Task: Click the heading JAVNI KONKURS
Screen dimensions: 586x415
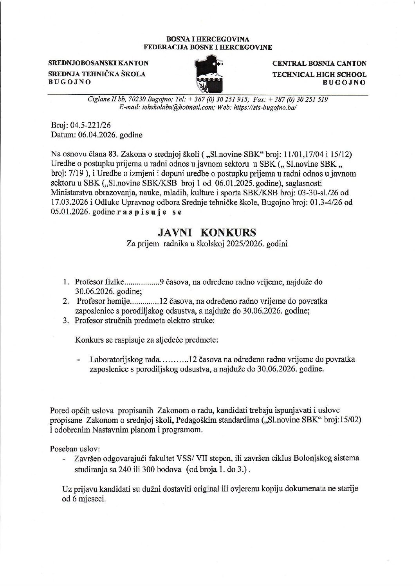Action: click(207, 233)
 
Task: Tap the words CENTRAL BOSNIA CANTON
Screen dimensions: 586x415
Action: click(319, 63)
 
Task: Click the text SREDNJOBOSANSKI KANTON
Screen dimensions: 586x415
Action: click(98, 63)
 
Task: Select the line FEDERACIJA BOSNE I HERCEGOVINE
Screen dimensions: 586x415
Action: click(207, 47)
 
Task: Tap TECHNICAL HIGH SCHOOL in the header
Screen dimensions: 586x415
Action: click(319, 74)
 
